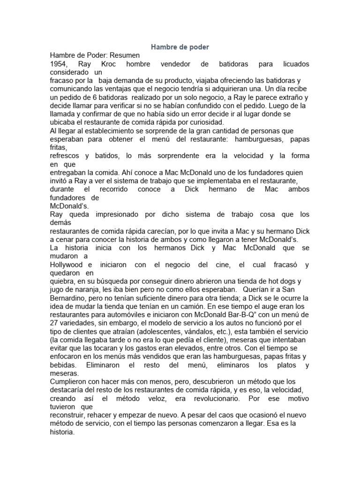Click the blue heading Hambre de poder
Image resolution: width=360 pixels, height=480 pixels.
[x=180, y=47]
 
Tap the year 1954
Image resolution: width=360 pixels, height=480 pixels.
[x=59, y=64]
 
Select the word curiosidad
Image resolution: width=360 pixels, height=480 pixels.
[x=169, y=123]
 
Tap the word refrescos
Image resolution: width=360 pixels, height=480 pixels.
[x=66, y=156]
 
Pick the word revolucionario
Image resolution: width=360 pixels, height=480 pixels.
[x=210, y=399]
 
